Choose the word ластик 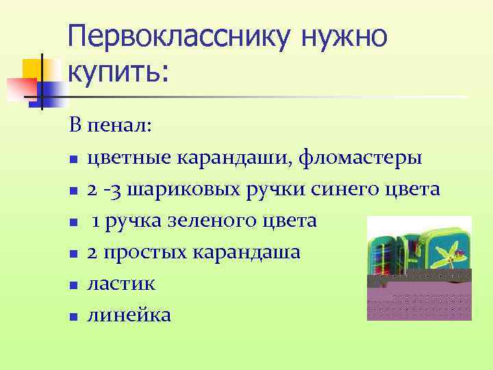point(121,283)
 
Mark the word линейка point(129,314)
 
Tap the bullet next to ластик point(73,285)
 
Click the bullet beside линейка point(73,317)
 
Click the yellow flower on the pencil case point(445,254)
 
